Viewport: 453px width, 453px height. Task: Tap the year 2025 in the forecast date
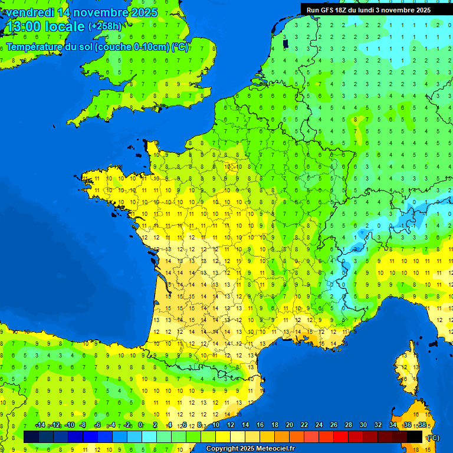coord(143,12)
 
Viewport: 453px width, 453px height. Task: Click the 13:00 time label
coord(22,27)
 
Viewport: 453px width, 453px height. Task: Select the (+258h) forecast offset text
coord(105,27)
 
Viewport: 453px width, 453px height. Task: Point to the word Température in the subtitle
coord(34,47)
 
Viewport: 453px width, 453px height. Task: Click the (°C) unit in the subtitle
coord(180,47)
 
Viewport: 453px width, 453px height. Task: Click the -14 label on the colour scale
coord(40,425)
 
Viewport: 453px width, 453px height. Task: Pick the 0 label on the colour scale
coord(140,425)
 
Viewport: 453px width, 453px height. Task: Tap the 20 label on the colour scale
coord(289,425)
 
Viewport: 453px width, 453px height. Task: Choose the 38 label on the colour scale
coord(422,425)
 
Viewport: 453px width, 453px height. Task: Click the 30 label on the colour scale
coord(363,425)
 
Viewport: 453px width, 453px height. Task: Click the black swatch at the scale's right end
coord(415,436)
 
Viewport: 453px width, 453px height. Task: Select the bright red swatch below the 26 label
coord(341,436)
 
